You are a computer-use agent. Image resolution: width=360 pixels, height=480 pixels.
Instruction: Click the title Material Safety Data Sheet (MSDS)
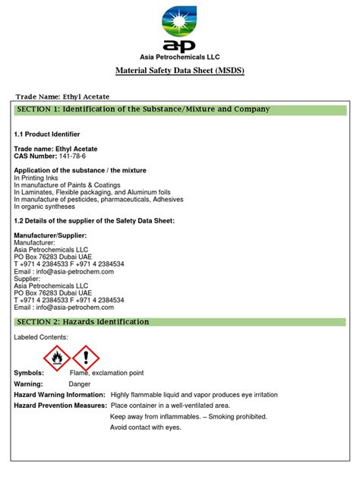(x=180, y=71)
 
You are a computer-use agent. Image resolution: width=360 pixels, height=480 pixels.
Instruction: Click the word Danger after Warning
(x=80, y=384)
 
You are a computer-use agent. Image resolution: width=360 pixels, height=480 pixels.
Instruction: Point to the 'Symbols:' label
(x=30, y=374)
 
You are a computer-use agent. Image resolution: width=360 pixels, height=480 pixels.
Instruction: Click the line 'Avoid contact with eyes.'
(x=146, y=428)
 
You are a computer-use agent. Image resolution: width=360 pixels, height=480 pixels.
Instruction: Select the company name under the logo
(x=180, y=56)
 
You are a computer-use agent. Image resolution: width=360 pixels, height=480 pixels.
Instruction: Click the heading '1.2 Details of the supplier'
(x=95, y=220)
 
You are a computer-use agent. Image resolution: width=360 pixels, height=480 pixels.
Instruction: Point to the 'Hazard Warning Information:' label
(x=59, y=395)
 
